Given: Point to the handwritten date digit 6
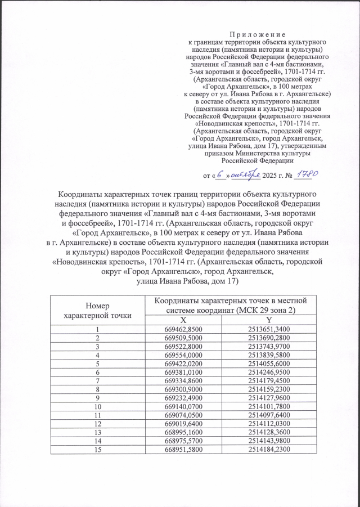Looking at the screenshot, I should [221, 175].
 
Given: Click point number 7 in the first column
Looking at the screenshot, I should [97, 382].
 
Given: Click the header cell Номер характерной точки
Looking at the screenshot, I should [97, 310].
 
